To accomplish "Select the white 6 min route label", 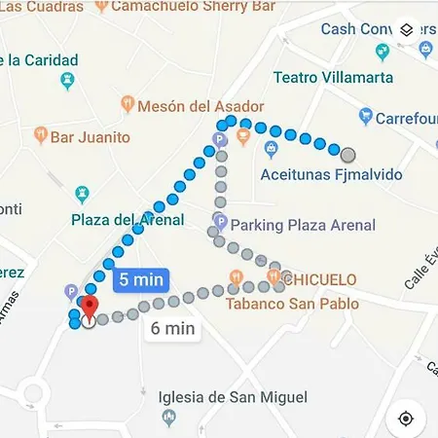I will [173, 328].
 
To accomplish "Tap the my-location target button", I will [406, 418].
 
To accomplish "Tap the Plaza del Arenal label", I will [128, 220].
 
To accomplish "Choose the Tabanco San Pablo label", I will [292, 304].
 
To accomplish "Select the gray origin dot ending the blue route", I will [348, 154].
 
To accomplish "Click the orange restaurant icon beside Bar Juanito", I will [40, 133].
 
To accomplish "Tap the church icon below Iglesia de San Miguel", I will [169, 419].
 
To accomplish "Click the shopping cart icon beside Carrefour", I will [365, 118].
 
